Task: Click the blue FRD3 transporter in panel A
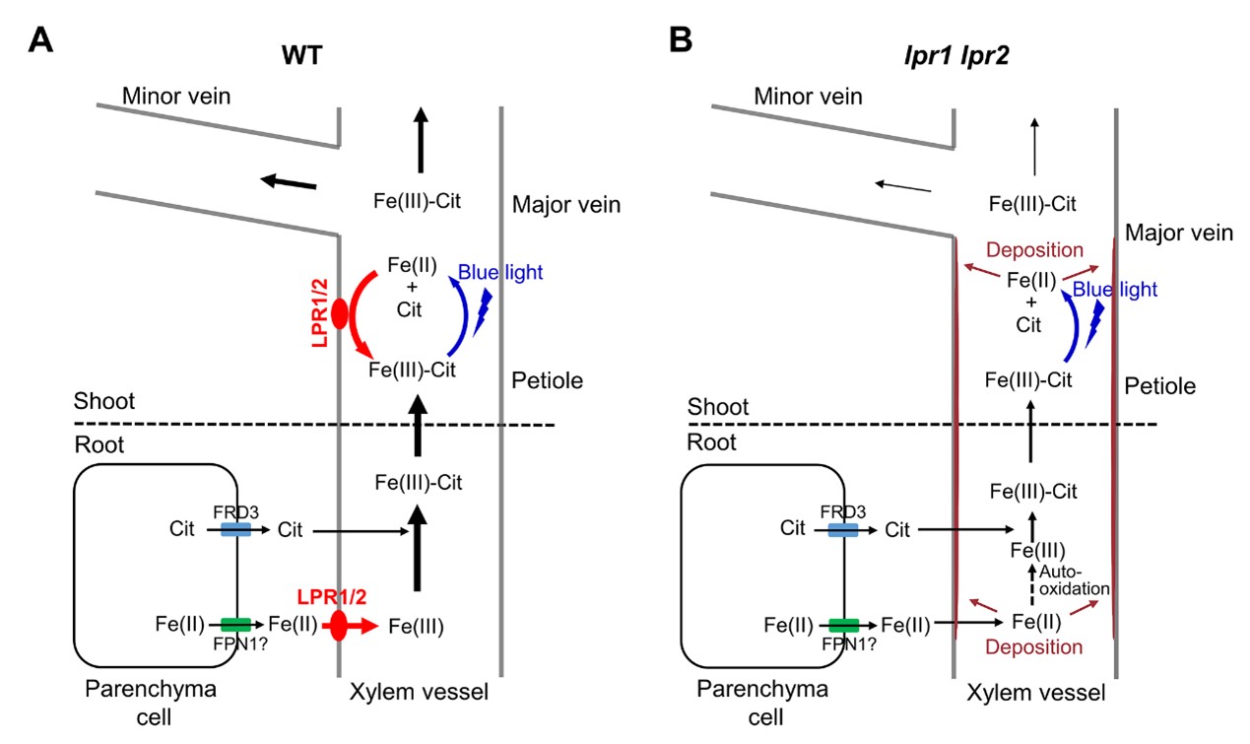[235, 530]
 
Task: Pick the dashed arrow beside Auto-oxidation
[1033, 584]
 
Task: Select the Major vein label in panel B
[1178, 234]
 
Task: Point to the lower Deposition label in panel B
[1034, 647]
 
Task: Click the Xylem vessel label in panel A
[419, 693]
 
